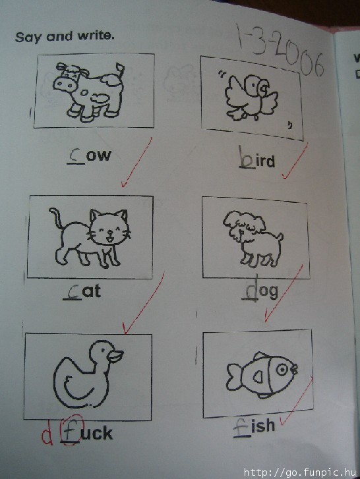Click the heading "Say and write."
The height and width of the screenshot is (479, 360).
point(65,37)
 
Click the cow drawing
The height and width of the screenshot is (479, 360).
point(89,92)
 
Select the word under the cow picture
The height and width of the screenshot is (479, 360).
point(89,155)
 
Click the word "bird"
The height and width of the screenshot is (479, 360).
point(256,158)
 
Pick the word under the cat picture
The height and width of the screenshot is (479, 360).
point(82,292)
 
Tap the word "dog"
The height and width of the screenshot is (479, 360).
point(260,290)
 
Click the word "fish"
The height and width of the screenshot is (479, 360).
point(255,426)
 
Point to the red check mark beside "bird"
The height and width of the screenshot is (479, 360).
point(294,161)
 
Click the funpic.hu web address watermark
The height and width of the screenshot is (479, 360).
point(300,472)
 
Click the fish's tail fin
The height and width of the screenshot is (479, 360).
point(235,376)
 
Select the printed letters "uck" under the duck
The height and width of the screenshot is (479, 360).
point(97,433)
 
